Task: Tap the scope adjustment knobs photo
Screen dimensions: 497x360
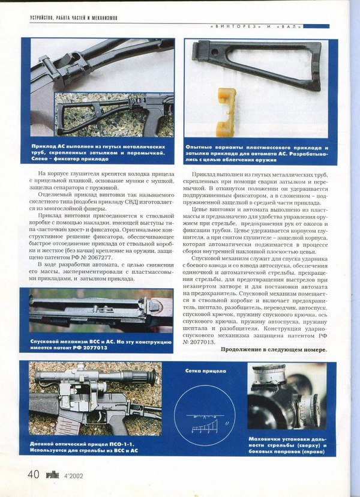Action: click(286, 397)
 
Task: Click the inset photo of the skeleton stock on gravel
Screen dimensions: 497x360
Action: click(114, 114)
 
